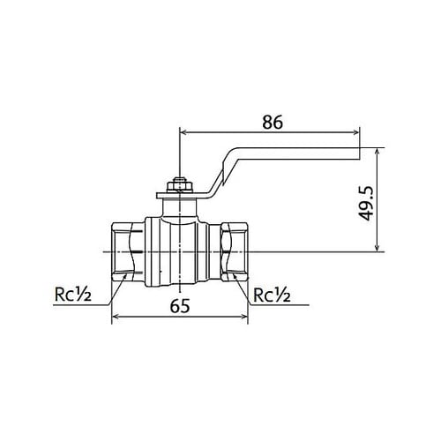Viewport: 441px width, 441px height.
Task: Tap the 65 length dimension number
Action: click(180, 308)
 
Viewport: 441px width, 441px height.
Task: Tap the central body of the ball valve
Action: click(180, 251)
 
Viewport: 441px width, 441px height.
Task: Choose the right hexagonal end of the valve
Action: click(236, 251)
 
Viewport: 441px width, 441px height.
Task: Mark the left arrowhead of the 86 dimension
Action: click(183, 132)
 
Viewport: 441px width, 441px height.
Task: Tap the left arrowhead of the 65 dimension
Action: click(115, 319)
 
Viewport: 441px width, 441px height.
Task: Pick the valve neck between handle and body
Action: click(179, 208)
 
